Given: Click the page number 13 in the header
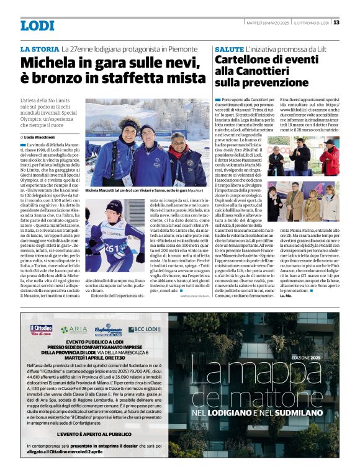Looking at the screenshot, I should click(x=336, y=23).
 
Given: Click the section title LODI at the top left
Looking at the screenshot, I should click(x=37, y=25).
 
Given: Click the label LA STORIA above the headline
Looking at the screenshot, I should click(x=39, y=49).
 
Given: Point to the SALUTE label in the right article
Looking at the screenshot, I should click(x=228, y=48).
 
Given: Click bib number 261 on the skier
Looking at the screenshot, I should click(x=111, y=248).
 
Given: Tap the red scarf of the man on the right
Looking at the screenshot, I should click(x=176, y=151).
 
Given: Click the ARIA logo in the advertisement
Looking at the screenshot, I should click(x=74, y=329).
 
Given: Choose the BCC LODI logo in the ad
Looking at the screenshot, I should click(x=145, y=329).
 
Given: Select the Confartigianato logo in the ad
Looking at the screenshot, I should click(x=109, y=331).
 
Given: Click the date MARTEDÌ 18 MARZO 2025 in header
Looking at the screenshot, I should click(x=268, y=23).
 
